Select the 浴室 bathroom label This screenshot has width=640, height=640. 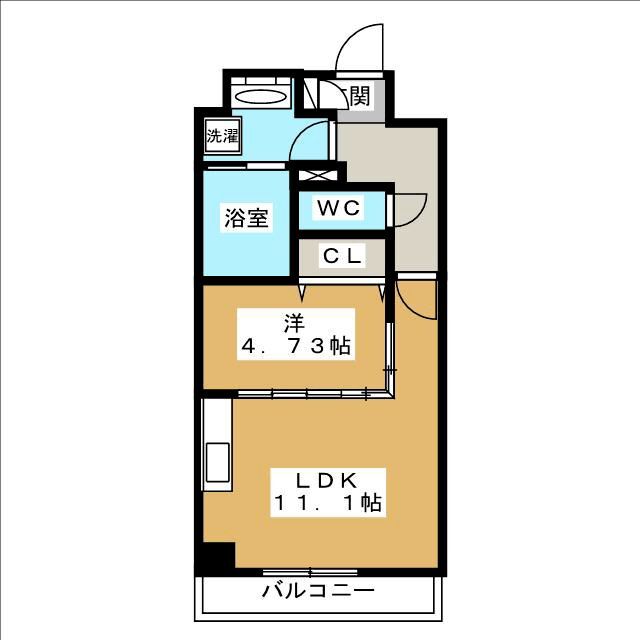(x=245, y=218)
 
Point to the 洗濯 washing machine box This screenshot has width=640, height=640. (x=223, y=136)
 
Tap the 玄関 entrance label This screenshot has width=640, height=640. (x=355, y=96)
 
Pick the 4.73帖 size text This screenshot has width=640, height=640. (x=294, y=347)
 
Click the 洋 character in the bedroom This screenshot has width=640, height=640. (x=294, y=322)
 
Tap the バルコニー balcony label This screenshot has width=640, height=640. (x=318, y=591)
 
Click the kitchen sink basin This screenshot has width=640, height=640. (x=216, y=465)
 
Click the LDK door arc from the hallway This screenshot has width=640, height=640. (x=415, y=297)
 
